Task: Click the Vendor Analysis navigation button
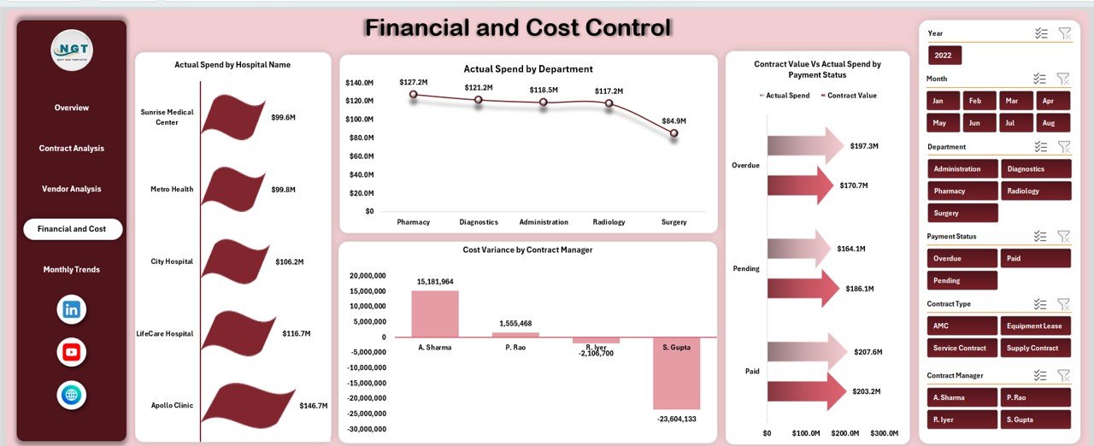[x=72, y=189]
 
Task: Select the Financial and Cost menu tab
[x=73, y=229]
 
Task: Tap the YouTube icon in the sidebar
[x=72, y=352]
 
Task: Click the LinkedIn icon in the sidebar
[x=72, y=309]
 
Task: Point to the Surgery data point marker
[x=673, y=133]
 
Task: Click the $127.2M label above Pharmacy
[x=413, y=82]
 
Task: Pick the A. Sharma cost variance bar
[x=435, y=314]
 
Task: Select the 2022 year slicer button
[x=944, y=56]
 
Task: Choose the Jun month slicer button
[x=974, y=123]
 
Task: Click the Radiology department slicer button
[x=1035, y=191]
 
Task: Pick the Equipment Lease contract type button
[x=1035, y=326]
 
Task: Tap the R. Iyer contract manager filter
[x=962, y=420]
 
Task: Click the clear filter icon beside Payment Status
[x=1063, y=237]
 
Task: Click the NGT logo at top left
[x=72, y=50]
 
